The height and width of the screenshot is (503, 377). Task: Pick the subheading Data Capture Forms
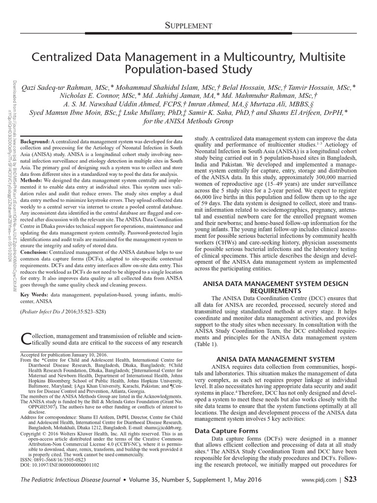[x=220, y=431]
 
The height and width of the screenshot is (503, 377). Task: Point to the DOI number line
[x=59, y=464]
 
